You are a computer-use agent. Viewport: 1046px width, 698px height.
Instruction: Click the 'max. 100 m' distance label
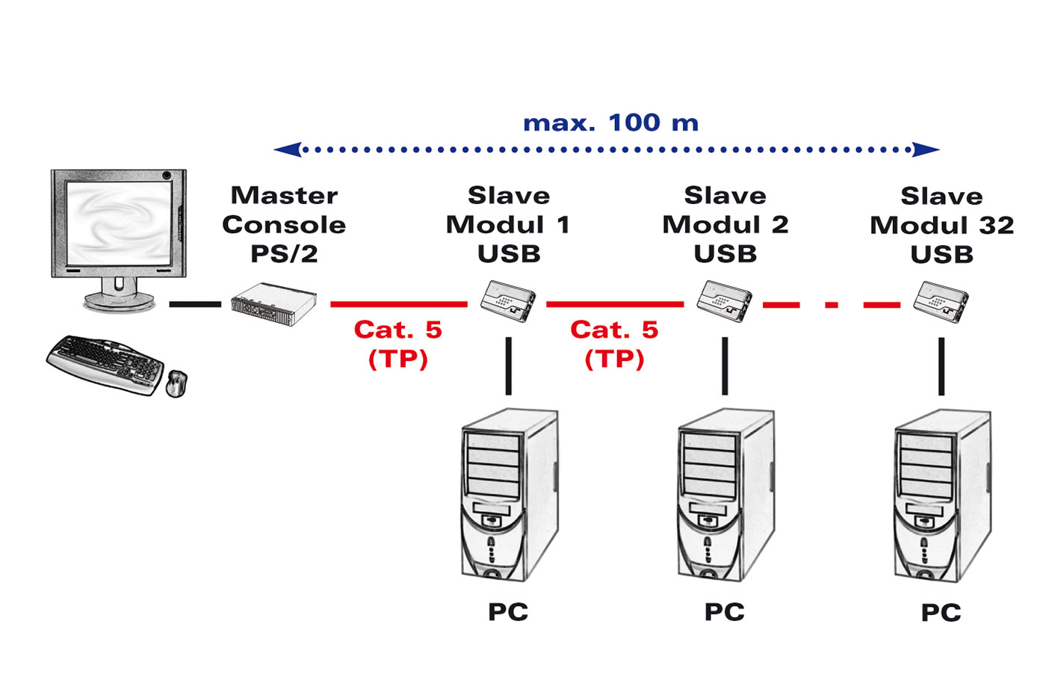tap(610, 123)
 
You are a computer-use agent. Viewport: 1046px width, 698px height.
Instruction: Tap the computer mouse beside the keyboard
tap(176, 383)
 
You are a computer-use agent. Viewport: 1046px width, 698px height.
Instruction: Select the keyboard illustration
tap(105, 364)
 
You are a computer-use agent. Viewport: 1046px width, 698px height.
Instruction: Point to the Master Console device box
tap(273, 303)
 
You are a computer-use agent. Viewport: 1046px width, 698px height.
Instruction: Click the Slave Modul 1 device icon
tap(508, 300)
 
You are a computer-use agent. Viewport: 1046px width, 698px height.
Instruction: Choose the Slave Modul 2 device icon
tap(725, 300)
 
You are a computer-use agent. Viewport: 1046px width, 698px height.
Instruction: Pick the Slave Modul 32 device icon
tap(941, 301)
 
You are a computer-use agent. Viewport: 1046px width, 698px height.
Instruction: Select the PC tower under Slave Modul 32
tap(942, 495)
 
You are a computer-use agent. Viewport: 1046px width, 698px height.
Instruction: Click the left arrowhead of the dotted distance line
tap(288, 149)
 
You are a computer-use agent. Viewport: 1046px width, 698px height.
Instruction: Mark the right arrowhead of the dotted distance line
tap(926, 149)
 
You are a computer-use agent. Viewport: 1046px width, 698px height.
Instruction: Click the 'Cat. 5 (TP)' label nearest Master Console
tap(398, 344)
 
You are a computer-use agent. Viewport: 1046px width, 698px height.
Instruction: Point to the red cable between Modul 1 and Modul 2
tap(614, 304)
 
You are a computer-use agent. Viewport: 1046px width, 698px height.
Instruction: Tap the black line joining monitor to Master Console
tap(195, 304)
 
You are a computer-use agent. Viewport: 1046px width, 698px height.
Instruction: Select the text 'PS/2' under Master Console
tap(284, 254)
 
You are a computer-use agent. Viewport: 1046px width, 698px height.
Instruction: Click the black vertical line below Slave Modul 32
tap(941, 366)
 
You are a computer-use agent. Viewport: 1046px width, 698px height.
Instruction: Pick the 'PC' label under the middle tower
tap(725, 612)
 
